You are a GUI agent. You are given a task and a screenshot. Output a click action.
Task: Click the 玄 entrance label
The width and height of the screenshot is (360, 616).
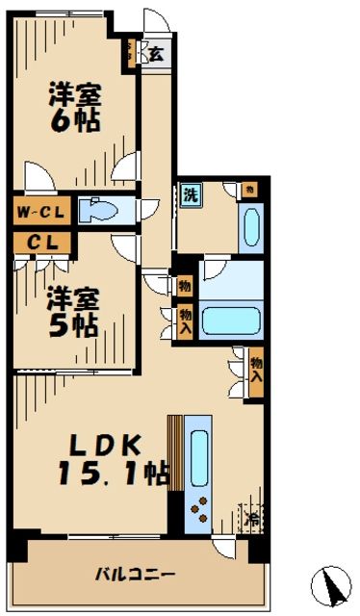(155, 54)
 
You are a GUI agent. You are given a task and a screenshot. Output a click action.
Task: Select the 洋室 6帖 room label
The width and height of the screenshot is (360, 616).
(75, 109)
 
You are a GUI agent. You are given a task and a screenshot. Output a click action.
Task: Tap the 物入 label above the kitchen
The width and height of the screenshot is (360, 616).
(256, 369)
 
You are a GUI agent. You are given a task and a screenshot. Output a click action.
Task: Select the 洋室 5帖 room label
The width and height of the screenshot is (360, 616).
(73, 312)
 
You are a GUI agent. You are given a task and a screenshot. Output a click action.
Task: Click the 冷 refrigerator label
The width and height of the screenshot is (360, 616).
(251, 521)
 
